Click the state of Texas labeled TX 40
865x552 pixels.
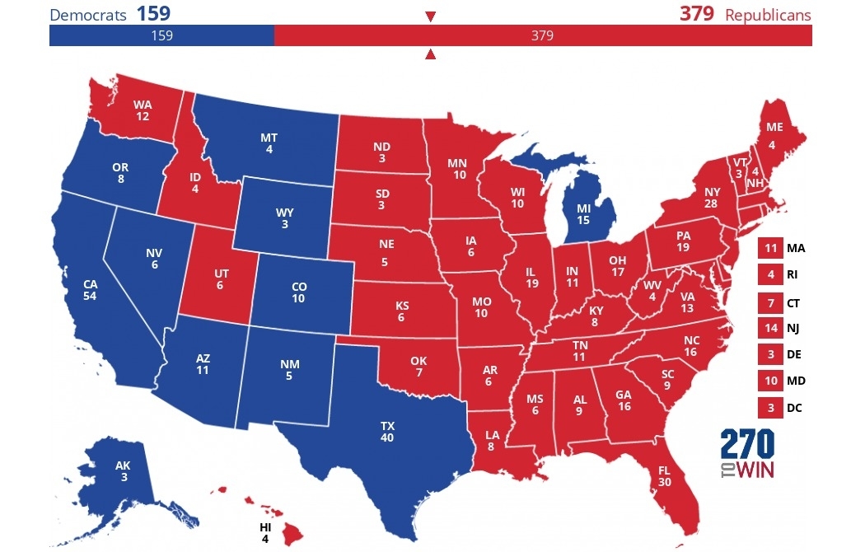pos(387,432)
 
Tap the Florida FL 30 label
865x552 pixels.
pos(665,477)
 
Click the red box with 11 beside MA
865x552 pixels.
pos(770,248)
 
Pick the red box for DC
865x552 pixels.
pos(770,407)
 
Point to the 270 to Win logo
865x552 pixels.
pos(746,454)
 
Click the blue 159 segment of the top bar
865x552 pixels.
pos(161,35)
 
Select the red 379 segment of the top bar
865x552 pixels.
pos(542,35)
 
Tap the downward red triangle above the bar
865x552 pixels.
pos(430,16)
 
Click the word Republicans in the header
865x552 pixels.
pos(768,15)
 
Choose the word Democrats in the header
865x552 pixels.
pos(89,15)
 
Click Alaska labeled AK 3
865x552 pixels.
pos(122,471)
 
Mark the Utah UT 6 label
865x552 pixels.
pos(219,278)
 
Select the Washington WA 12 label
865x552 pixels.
pos(143,111)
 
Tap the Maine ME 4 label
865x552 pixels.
pos(774,133)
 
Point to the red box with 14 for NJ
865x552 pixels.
pos(770,328)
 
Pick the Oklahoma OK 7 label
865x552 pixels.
pos(418,367)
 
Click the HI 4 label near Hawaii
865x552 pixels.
pos(264,532)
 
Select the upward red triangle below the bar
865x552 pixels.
pos(430,55)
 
